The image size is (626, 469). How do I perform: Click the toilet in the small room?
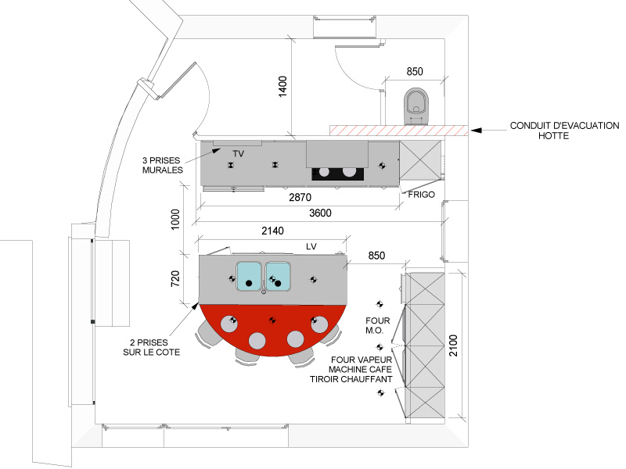[x=416, y=106]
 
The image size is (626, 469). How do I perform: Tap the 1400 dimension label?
[x=282, y=86]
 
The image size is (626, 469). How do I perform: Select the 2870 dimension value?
[x=300, y=197]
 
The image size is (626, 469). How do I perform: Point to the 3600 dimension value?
[x=320, y=213]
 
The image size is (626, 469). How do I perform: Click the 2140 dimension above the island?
[x=272, y=231]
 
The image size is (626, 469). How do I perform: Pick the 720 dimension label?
[x=174, y=278]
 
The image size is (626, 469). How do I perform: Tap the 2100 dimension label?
[x=453, y=345]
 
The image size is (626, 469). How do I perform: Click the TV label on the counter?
[x=239, y=153]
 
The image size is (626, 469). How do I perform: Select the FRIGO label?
[x=422, y=195]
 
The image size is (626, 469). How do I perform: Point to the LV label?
[x=311, y=246]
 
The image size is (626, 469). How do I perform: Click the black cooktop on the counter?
[x=338, y=174]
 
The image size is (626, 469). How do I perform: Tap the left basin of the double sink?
[x=249, y=277]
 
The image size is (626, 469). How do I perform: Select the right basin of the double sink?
[x=278, y=277]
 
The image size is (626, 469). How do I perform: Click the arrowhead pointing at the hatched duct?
[x=476, y=131]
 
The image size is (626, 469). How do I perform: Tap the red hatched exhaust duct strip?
[x=399, y=131]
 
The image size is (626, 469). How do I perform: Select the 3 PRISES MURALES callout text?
[x=163, y=165]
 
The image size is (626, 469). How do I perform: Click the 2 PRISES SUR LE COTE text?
[x=151, y=347]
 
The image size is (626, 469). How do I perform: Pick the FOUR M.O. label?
[x=377, y=325]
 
